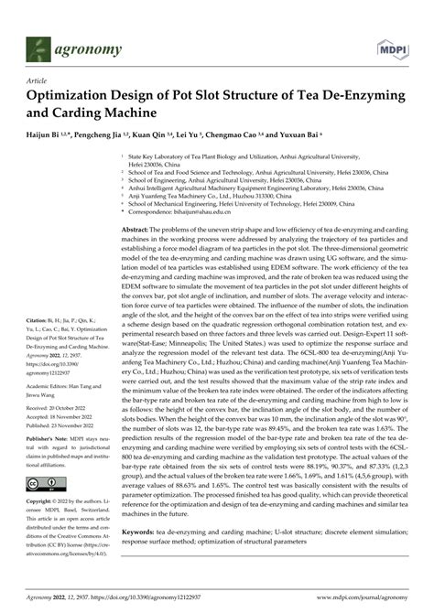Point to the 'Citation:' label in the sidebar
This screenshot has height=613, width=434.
[41, 320]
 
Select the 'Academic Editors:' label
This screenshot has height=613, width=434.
[53, 387]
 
